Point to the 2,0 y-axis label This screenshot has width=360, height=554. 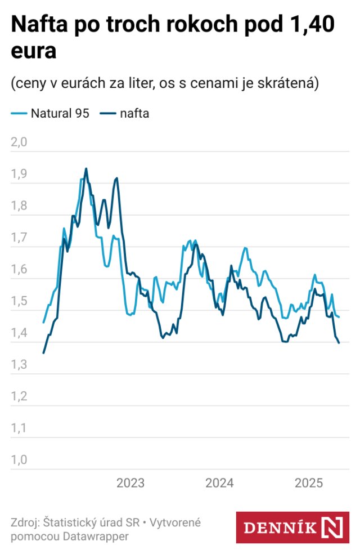point(19,142)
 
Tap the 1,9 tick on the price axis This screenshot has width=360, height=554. point(19,174)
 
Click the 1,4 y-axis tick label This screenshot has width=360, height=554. point(19,333)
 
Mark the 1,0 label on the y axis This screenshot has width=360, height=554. point(19,460)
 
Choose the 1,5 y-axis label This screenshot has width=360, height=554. point(19,301)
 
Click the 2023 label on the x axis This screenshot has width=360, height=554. point(130,483)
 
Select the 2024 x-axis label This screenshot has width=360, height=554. point(219,483)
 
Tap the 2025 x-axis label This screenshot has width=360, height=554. point(308,483)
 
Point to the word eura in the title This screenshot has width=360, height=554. point(33,52)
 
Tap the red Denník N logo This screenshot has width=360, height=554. point(292,528)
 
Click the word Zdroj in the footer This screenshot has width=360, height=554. point(26,522)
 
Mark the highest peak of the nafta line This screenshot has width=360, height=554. point(86,168)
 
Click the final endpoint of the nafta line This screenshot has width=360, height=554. point(339,343)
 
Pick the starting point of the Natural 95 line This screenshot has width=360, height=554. point(43,323)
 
